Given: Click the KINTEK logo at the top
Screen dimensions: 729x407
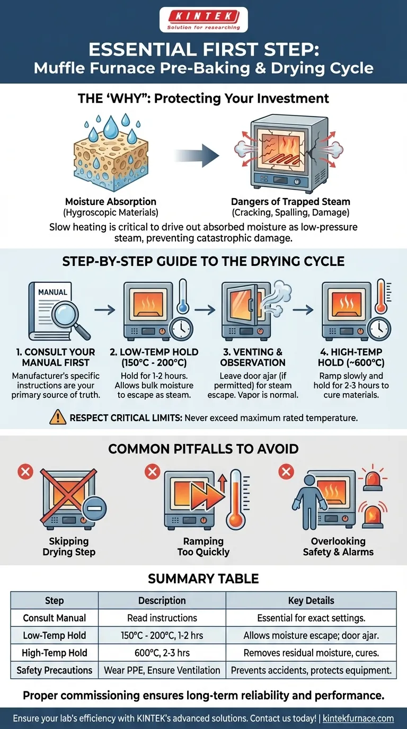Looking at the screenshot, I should tap(203, 20).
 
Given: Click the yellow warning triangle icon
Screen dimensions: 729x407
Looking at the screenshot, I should tap(57, 417).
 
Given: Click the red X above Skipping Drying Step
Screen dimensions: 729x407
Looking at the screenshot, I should tap(25, 471).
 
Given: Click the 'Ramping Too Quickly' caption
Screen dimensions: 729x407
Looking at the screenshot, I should tap(203, 546).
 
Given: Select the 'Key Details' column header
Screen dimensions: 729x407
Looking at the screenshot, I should tap(311, 600).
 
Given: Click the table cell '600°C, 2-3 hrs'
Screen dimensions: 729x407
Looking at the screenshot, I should tap(162, 653).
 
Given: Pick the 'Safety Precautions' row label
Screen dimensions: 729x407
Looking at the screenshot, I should tap(55, 670).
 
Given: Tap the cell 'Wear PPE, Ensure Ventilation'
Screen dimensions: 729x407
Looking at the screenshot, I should tap(162, 670).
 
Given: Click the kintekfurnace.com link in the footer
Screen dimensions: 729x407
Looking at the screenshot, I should tap(358, 718).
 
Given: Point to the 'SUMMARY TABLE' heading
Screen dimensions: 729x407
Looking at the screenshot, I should tap(203, 578).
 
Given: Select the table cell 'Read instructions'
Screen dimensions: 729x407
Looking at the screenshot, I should tap(162, 618).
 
